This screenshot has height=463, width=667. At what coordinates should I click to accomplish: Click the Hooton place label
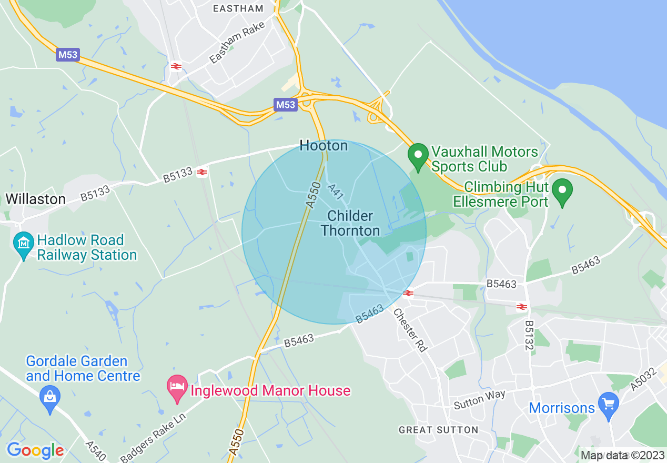click(x=324, y=146)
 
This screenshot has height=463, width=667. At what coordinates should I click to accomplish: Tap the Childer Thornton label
click(x=350, y=224)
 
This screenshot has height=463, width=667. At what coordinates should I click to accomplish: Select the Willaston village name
click(x=35, y=199)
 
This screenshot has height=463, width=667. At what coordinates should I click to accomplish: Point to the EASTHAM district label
click(x=238, y=8)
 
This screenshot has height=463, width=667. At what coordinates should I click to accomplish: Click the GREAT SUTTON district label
click(x=438, y=430)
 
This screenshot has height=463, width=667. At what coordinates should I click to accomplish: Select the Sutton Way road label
click(x=480, y=399)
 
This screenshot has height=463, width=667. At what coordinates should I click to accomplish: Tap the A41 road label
click(x=335, y=192)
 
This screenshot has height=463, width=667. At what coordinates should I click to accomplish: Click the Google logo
click(x=35, y=450)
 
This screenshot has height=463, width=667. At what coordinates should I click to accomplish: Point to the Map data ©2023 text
click(x=622, y=455)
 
